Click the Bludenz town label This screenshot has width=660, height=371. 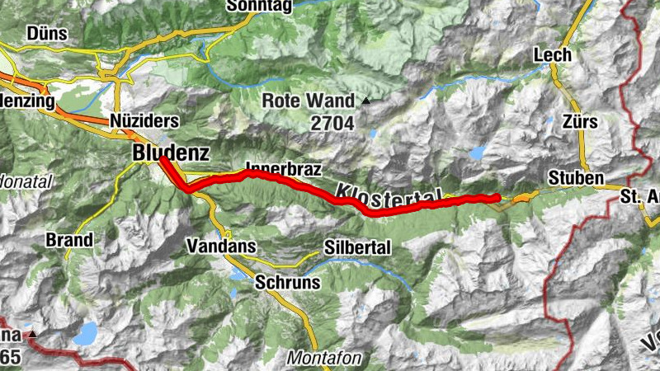[x=171, y=153]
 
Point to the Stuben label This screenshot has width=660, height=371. [x=576, y=178]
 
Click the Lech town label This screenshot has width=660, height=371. [x=553, y=55]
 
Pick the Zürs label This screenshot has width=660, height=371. [x=578, y=122]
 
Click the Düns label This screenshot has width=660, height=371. [x=47, y=33]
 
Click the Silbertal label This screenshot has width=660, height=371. [x=357, y=247]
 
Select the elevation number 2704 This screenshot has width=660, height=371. [x=332, y=124]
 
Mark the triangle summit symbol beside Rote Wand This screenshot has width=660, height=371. [x=365, y=101]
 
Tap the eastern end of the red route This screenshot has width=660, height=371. [x=496, y=198]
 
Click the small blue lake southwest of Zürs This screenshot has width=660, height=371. [x=478, y=153]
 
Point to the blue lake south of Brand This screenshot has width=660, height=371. [x=85, y=333]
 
